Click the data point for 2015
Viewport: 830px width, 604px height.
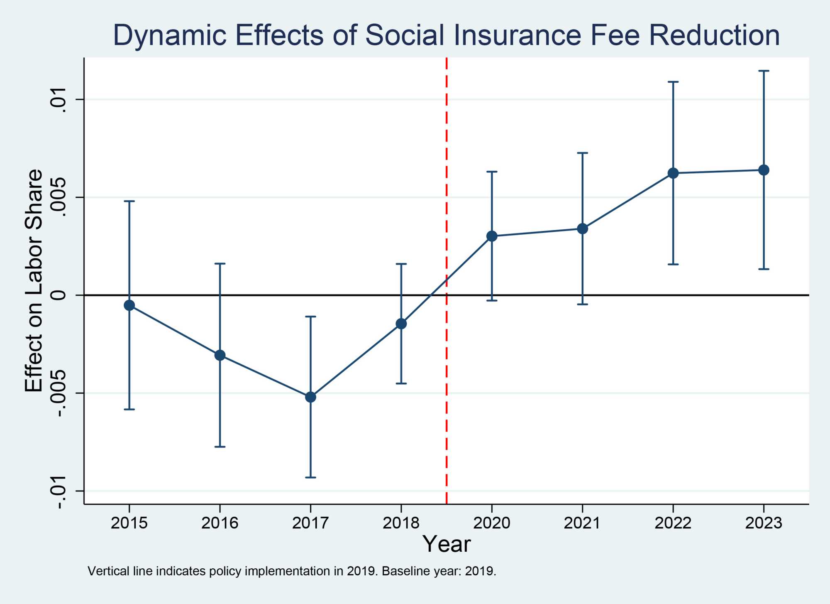129,305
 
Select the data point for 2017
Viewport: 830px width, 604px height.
310,397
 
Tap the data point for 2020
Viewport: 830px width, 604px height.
492,236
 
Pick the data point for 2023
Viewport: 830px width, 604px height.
764,170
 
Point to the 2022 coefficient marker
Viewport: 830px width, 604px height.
673,173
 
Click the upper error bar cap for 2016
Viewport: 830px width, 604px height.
220,263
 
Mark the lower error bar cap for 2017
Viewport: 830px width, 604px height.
310,477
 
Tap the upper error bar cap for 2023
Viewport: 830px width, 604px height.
764,71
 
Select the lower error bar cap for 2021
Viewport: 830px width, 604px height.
583,304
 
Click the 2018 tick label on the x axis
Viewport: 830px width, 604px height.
401,523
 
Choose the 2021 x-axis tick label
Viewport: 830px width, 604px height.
582,523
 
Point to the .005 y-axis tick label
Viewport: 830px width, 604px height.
59,197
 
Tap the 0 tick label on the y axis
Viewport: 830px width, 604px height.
59,295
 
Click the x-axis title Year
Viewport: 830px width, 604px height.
447,544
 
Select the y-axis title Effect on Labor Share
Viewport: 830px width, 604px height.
34,281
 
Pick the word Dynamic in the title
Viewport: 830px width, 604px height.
169,35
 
